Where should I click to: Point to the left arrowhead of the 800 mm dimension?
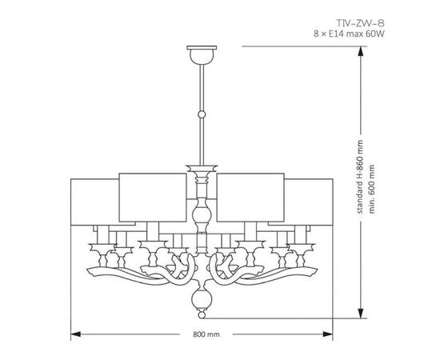[74, 332]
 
